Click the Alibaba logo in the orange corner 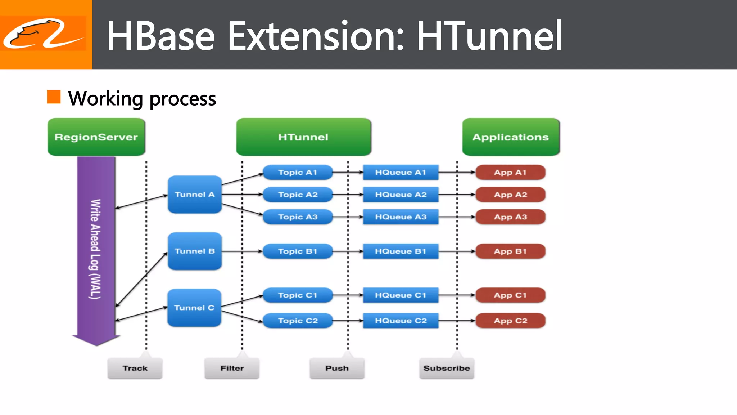coord(43,34)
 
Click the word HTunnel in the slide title coord(489,36)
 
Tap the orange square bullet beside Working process coord(54,97)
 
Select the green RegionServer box coord(96,137)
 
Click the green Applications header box coord(511,137)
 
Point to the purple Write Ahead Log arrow coord(96,249)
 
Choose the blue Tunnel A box coord(195,195)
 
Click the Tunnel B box coord(195,251)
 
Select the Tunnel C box coord(194,308)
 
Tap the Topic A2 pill coord(298,195)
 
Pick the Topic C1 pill coord(298,295)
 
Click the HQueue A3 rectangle coord(401,217)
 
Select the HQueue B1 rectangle coord(401,251)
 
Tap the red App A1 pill coord(510,172)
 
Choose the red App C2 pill coord(510,321)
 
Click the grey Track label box coord(135,368)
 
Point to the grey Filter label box coord(232,368)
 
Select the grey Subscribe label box coord(447,368)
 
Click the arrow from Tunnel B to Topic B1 coord(242,251)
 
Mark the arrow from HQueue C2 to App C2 coord(457,321)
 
